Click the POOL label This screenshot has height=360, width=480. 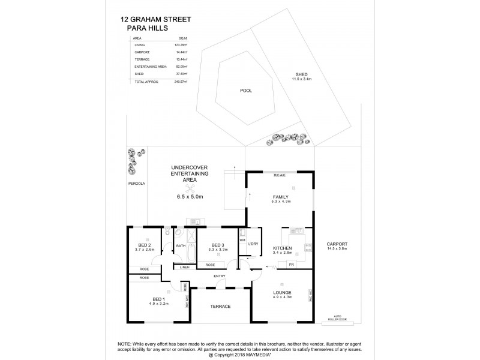[x=245, y=91]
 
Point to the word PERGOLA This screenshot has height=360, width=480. [x=136, y=184]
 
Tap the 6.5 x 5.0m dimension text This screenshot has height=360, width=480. [x=190, y=196]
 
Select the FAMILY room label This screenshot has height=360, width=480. [x=280, y=197]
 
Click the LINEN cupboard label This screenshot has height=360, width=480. [x=184, y=267]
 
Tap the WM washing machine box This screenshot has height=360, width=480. [x=242, y=240]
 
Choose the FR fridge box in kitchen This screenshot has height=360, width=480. [x=291, y=265]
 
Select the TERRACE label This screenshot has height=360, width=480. [x=220, y=307]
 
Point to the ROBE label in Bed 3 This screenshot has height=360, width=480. [x=210, y=265]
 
